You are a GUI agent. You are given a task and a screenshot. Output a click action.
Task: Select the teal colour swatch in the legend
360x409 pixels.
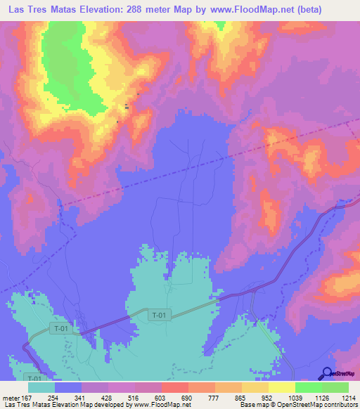click(x=41, y=387)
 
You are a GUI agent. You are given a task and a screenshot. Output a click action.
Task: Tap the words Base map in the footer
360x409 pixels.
click(x=251, y=405)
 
